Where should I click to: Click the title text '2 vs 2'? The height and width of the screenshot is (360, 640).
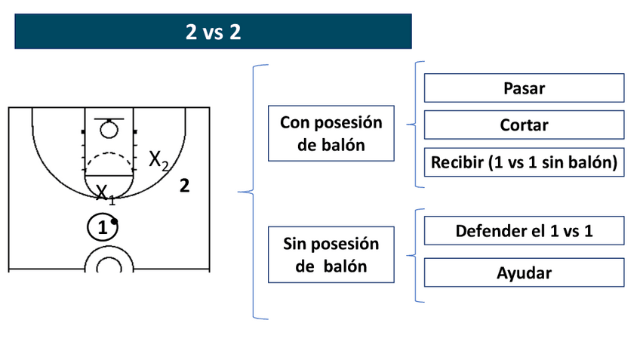(213, 32)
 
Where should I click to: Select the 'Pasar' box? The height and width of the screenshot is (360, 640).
(524, 88)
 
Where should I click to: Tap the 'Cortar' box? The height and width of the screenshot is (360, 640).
(524, 125)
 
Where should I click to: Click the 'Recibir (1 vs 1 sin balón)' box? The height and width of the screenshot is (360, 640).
(524, 162)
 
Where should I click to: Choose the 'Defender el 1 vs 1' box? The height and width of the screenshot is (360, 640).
(524, 231)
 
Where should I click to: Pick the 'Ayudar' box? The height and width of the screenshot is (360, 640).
(524, 272)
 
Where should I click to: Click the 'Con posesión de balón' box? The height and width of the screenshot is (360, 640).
(331, 134)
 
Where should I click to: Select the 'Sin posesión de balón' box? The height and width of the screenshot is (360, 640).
(331, 255)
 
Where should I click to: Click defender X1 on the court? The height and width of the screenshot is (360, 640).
(105, 194)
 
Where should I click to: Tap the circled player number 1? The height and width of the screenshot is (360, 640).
(102, 226)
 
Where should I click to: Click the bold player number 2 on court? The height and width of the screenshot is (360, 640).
(184, 186)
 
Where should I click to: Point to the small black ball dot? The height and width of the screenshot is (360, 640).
(114, 221)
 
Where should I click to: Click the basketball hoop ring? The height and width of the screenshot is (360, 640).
(109, 130)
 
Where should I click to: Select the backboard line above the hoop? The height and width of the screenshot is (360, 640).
(109, 119)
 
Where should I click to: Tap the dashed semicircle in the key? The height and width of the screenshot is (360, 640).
(109, 161)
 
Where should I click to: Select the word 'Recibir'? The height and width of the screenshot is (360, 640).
(456, 162)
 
